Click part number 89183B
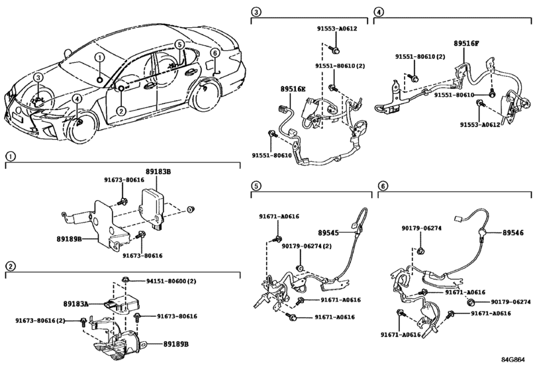pos(157,172)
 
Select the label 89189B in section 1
pos(69,238)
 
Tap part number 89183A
pos(75,303)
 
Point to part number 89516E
pos(293,89)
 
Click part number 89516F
pos(466,44)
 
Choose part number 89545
pos(328,233)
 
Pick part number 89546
pos(513,233)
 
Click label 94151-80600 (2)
pos(171,282)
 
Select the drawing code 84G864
pos(513,360)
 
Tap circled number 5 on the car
pos(179,44)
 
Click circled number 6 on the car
pos(215,53)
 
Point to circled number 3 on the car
pos(38,78)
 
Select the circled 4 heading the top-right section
pos(378,12)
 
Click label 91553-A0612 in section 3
pos(336,28)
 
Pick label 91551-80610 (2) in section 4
pos(420,56)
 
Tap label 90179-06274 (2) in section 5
pos(307,246)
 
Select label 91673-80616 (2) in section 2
pos(40,321)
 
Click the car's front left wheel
pos(81,127)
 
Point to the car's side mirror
pos(68,54)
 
